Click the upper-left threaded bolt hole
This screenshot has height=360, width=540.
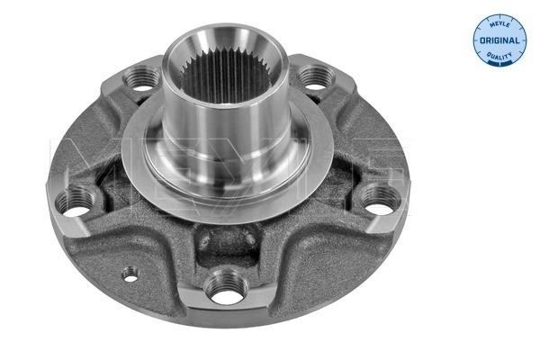coord(142,79)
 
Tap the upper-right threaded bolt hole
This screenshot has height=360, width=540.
coord(316,78)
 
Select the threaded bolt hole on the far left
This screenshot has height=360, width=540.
coord(76,202)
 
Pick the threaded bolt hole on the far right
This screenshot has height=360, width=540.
coord(381,200)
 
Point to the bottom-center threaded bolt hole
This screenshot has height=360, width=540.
coord(226,287)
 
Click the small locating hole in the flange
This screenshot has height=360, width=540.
coord(130,274)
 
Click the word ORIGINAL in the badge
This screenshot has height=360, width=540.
coord(499,40)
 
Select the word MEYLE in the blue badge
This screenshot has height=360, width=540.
coord(499,24)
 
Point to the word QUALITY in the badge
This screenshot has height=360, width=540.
coord(499,57)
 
